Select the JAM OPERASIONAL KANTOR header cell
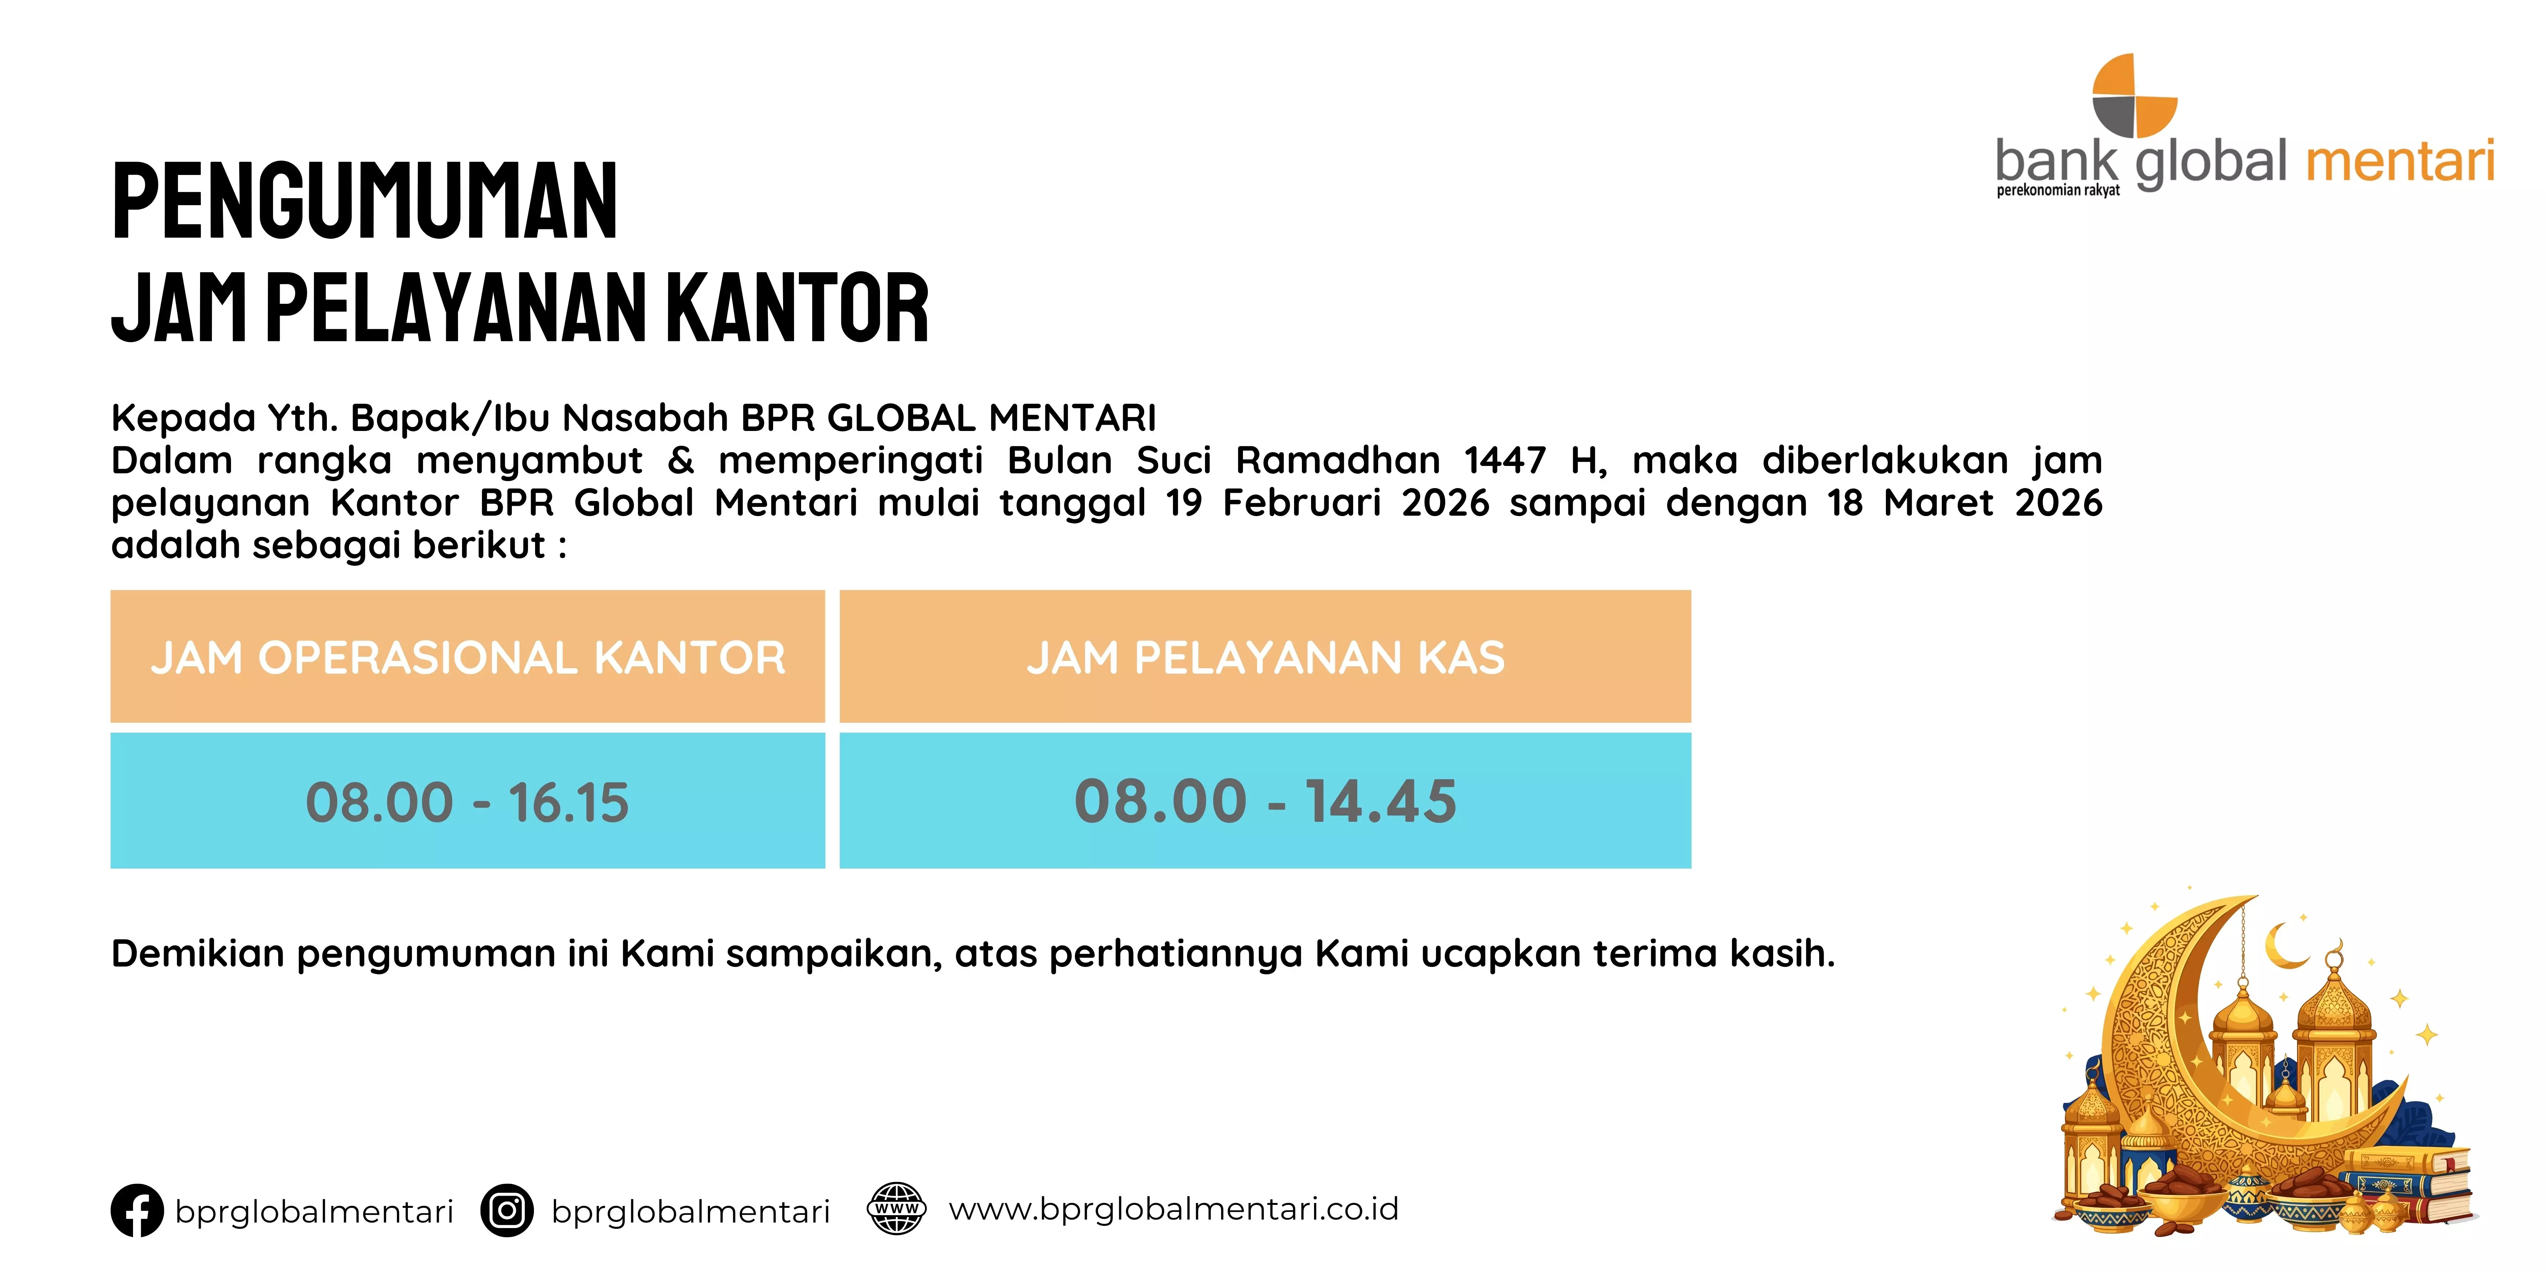468,657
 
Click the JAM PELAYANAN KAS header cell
1265,657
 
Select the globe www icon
896,1209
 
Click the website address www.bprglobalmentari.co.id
1174,1209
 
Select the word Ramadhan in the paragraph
1338,460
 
